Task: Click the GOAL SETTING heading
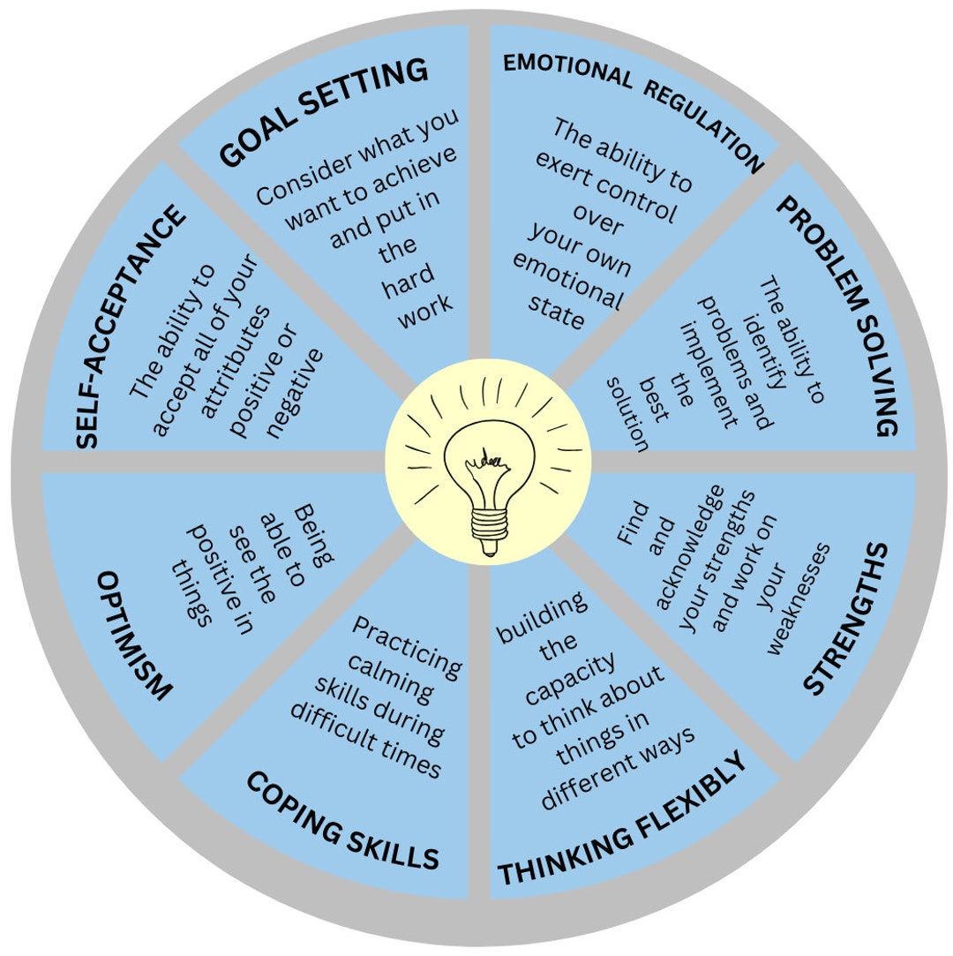[x=323, y=112]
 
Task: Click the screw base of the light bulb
[x=488, y=530]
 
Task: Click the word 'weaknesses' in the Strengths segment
[x=799, y=599]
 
